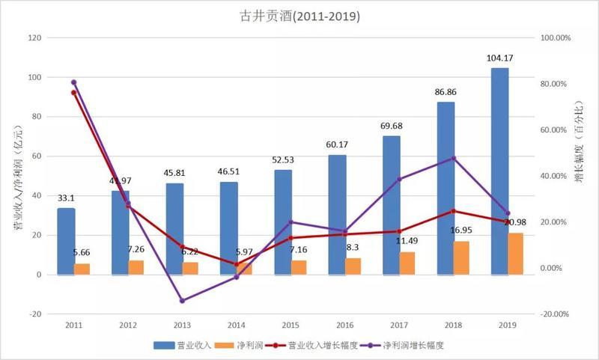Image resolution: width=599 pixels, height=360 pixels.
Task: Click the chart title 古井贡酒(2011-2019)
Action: [299, 15]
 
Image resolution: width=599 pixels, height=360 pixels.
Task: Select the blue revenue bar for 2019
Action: [499, 171]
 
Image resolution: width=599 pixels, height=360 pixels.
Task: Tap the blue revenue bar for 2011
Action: [66, 241]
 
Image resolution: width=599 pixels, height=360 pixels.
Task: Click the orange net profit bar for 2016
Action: [353, 266]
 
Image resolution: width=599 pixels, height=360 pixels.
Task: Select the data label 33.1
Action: [66, 198]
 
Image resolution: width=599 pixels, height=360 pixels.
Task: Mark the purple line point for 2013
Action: [182, 301]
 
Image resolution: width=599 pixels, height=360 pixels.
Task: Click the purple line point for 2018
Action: [454, 158]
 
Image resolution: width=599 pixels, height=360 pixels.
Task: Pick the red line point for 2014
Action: [237, 264]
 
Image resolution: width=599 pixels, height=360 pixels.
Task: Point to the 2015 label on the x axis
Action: [291, 325]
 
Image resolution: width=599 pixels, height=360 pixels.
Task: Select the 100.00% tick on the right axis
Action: [556, 37]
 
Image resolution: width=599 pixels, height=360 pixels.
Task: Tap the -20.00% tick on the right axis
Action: [556, 314]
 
